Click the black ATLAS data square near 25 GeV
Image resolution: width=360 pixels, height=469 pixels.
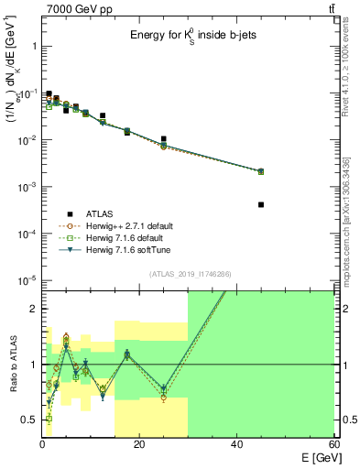164,139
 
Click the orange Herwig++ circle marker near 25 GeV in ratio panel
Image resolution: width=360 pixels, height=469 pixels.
164,398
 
